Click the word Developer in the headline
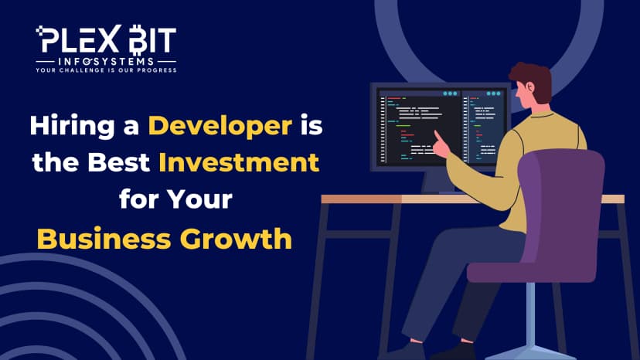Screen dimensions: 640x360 pyautogui.click(x=220, y=126)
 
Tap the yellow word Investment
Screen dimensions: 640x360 pyautogui.click(x=239, y=162)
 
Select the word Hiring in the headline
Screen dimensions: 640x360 pyautogui.click(x=72, y=126)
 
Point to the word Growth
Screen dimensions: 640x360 pyautogui.click(x=236, y=239)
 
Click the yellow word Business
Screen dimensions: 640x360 pyautogui.click(x=104, y=239)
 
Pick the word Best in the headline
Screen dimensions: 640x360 pyautogui.click(x=119, y=162)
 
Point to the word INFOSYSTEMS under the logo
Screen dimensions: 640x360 pyautogui.click(x=106, y=62)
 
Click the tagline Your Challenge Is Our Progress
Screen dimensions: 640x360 pyautogui.click(x=106, y=70)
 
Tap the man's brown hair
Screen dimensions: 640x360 pyautogui.click(x=533, y=80)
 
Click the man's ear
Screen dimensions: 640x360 pyautogui.click(x=529, y=87)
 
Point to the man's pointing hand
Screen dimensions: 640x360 pyautogui.click(x=441, y=145)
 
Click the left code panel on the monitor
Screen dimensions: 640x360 pyautogui.click(x=420, y=127)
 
